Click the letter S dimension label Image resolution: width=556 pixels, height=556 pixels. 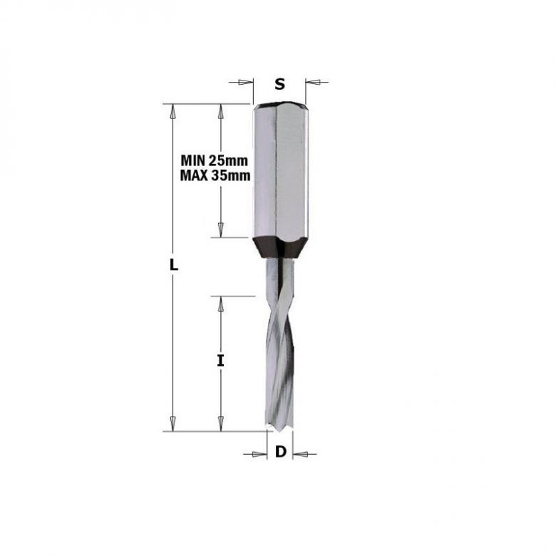click(x=280, y=84)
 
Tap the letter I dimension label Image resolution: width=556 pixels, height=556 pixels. click(x=221, y=361)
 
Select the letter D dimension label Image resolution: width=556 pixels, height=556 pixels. click(x=280, y=451)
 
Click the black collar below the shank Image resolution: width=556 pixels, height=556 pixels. click(x=280, y=248)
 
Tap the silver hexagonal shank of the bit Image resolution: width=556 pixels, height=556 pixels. click(x=280, y=171)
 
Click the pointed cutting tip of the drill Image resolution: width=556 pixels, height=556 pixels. click(x=280, y=428)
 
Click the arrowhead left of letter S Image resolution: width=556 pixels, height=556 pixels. click(x=247, y=82)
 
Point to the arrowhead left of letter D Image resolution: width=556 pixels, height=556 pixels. click(x=259, y=453)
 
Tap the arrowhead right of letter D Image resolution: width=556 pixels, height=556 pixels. click(x=299, y=453)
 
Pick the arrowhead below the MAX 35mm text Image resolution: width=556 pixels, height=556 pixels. click(x=221, y=229)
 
